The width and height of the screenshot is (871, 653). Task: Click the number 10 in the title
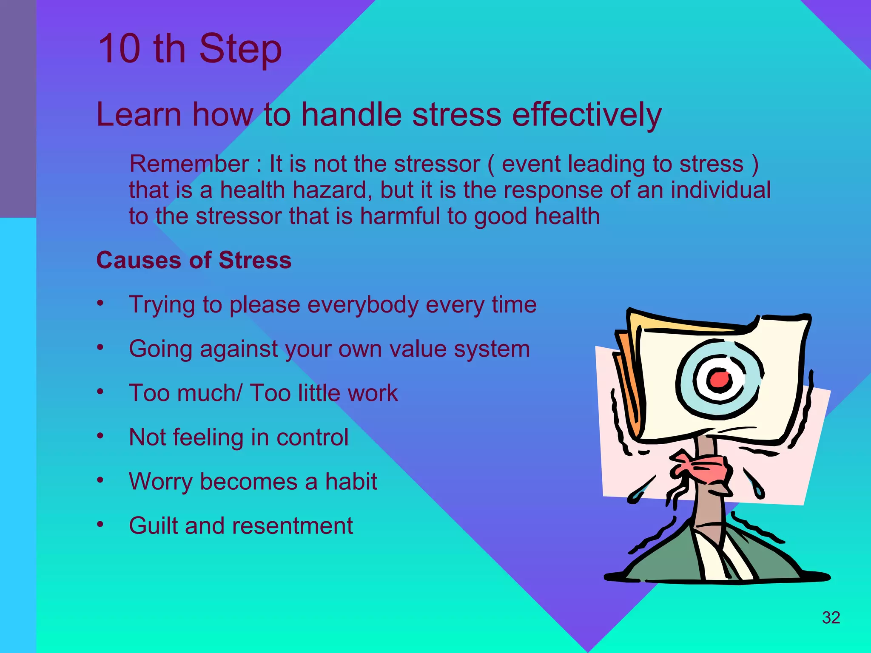coord(120,49)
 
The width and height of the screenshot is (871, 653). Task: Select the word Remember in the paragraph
coord(189,164)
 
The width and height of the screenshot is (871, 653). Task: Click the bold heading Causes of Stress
coord(194,260)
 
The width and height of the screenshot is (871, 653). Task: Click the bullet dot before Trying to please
coord(100,304)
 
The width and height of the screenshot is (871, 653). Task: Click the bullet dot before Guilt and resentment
coord(100,525)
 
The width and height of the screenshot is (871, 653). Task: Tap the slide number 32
coord(831,618)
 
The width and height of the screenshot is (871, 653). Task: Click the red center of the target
coord(719,379)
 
